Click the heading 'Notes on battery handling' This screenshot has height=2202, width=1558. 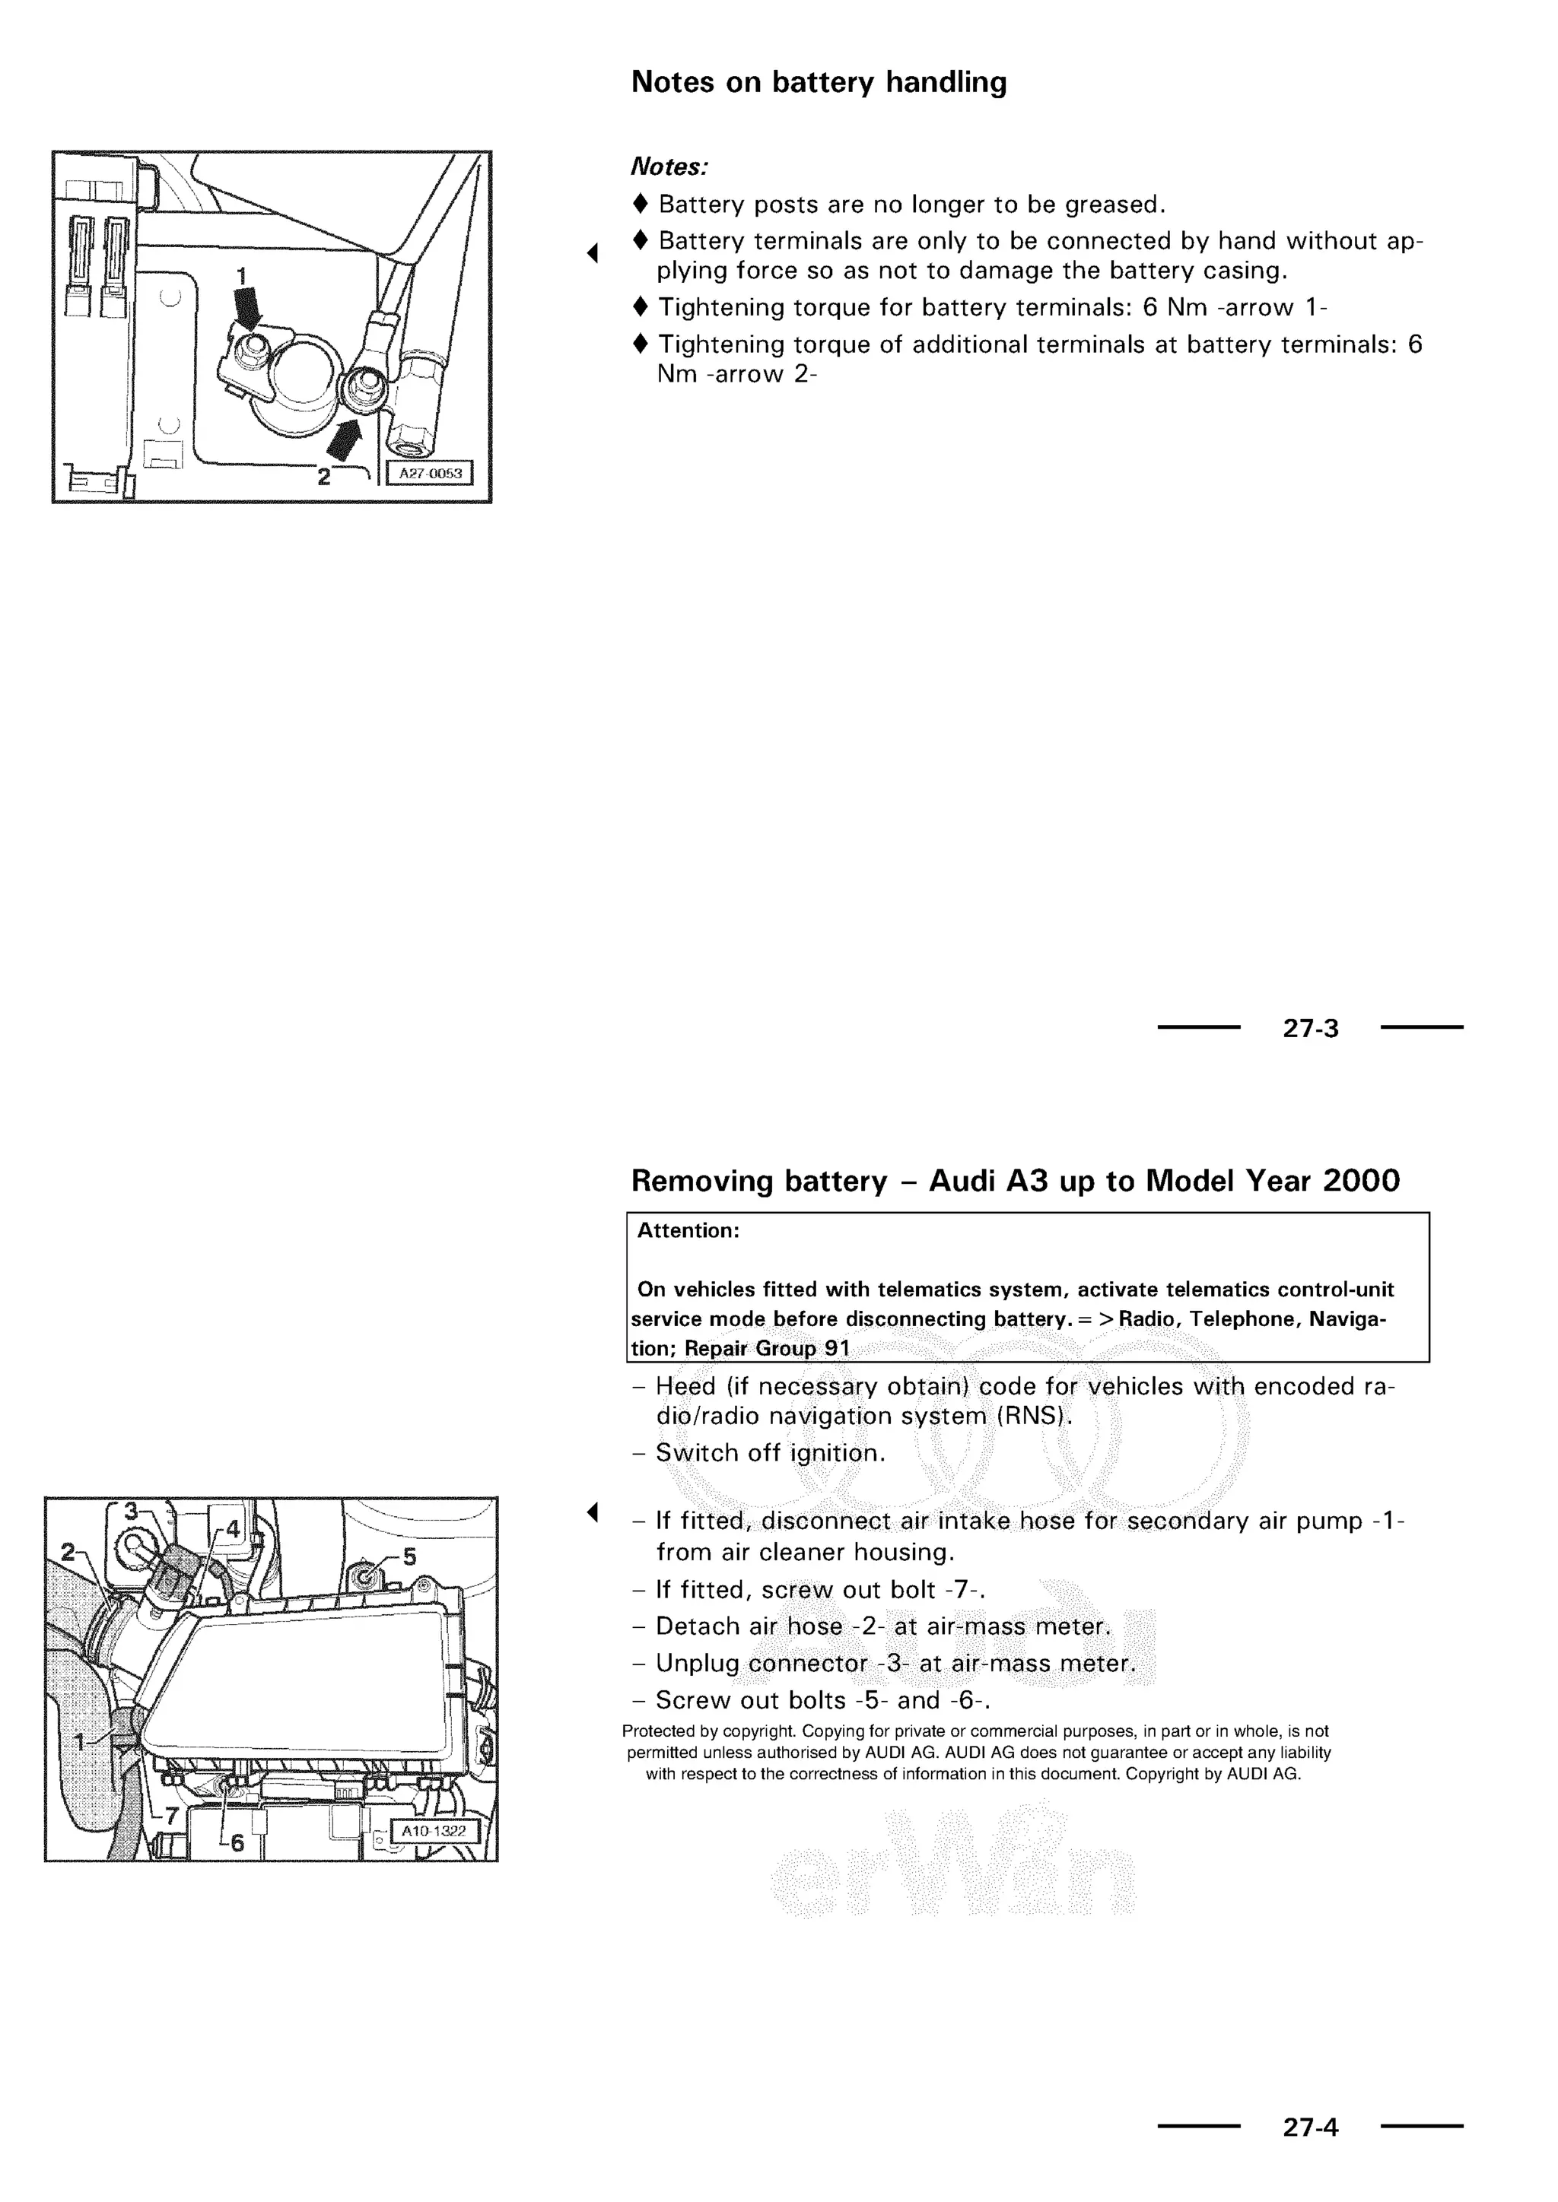click(x=819, y=82)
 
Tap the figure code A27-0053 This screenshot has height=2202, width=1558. click(x=430, y=474)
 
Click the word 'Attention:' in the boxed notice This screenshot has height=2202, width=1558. click(x=688, y=1230)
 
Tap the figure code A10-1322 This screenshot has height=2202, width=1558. click(x=433, y=1831)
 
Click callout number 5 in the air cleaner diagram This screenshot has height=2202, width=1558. click(x=409, y=1556)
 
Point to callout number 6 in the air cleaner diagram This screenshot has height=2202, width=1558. click(x=237, y=1843)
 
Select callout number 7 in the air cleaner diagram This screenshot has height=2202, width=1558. click(x=172, y=1816)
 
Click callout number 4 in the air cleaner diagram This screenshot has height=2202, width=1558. click(x=233, y=1531)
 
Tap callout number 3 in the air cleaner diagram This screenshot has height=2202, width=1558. click(x=131, y=1512)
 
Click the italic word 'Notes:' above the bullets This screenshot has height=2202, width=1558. click(x=669, y=167)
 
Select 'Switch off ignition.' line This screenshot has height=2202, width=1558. click(x=769, y=1453)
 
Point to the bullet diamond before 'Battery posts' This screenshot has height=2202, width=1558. click(x=641, y=203)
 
